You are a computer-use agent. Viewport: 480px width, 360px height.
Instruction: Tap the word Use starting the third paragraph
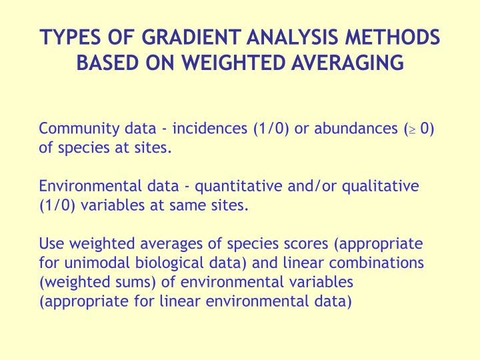click(x=51, y=244)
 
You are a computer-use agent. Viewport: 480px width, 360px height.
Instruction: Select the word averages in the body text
click(x=157, y=244)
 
